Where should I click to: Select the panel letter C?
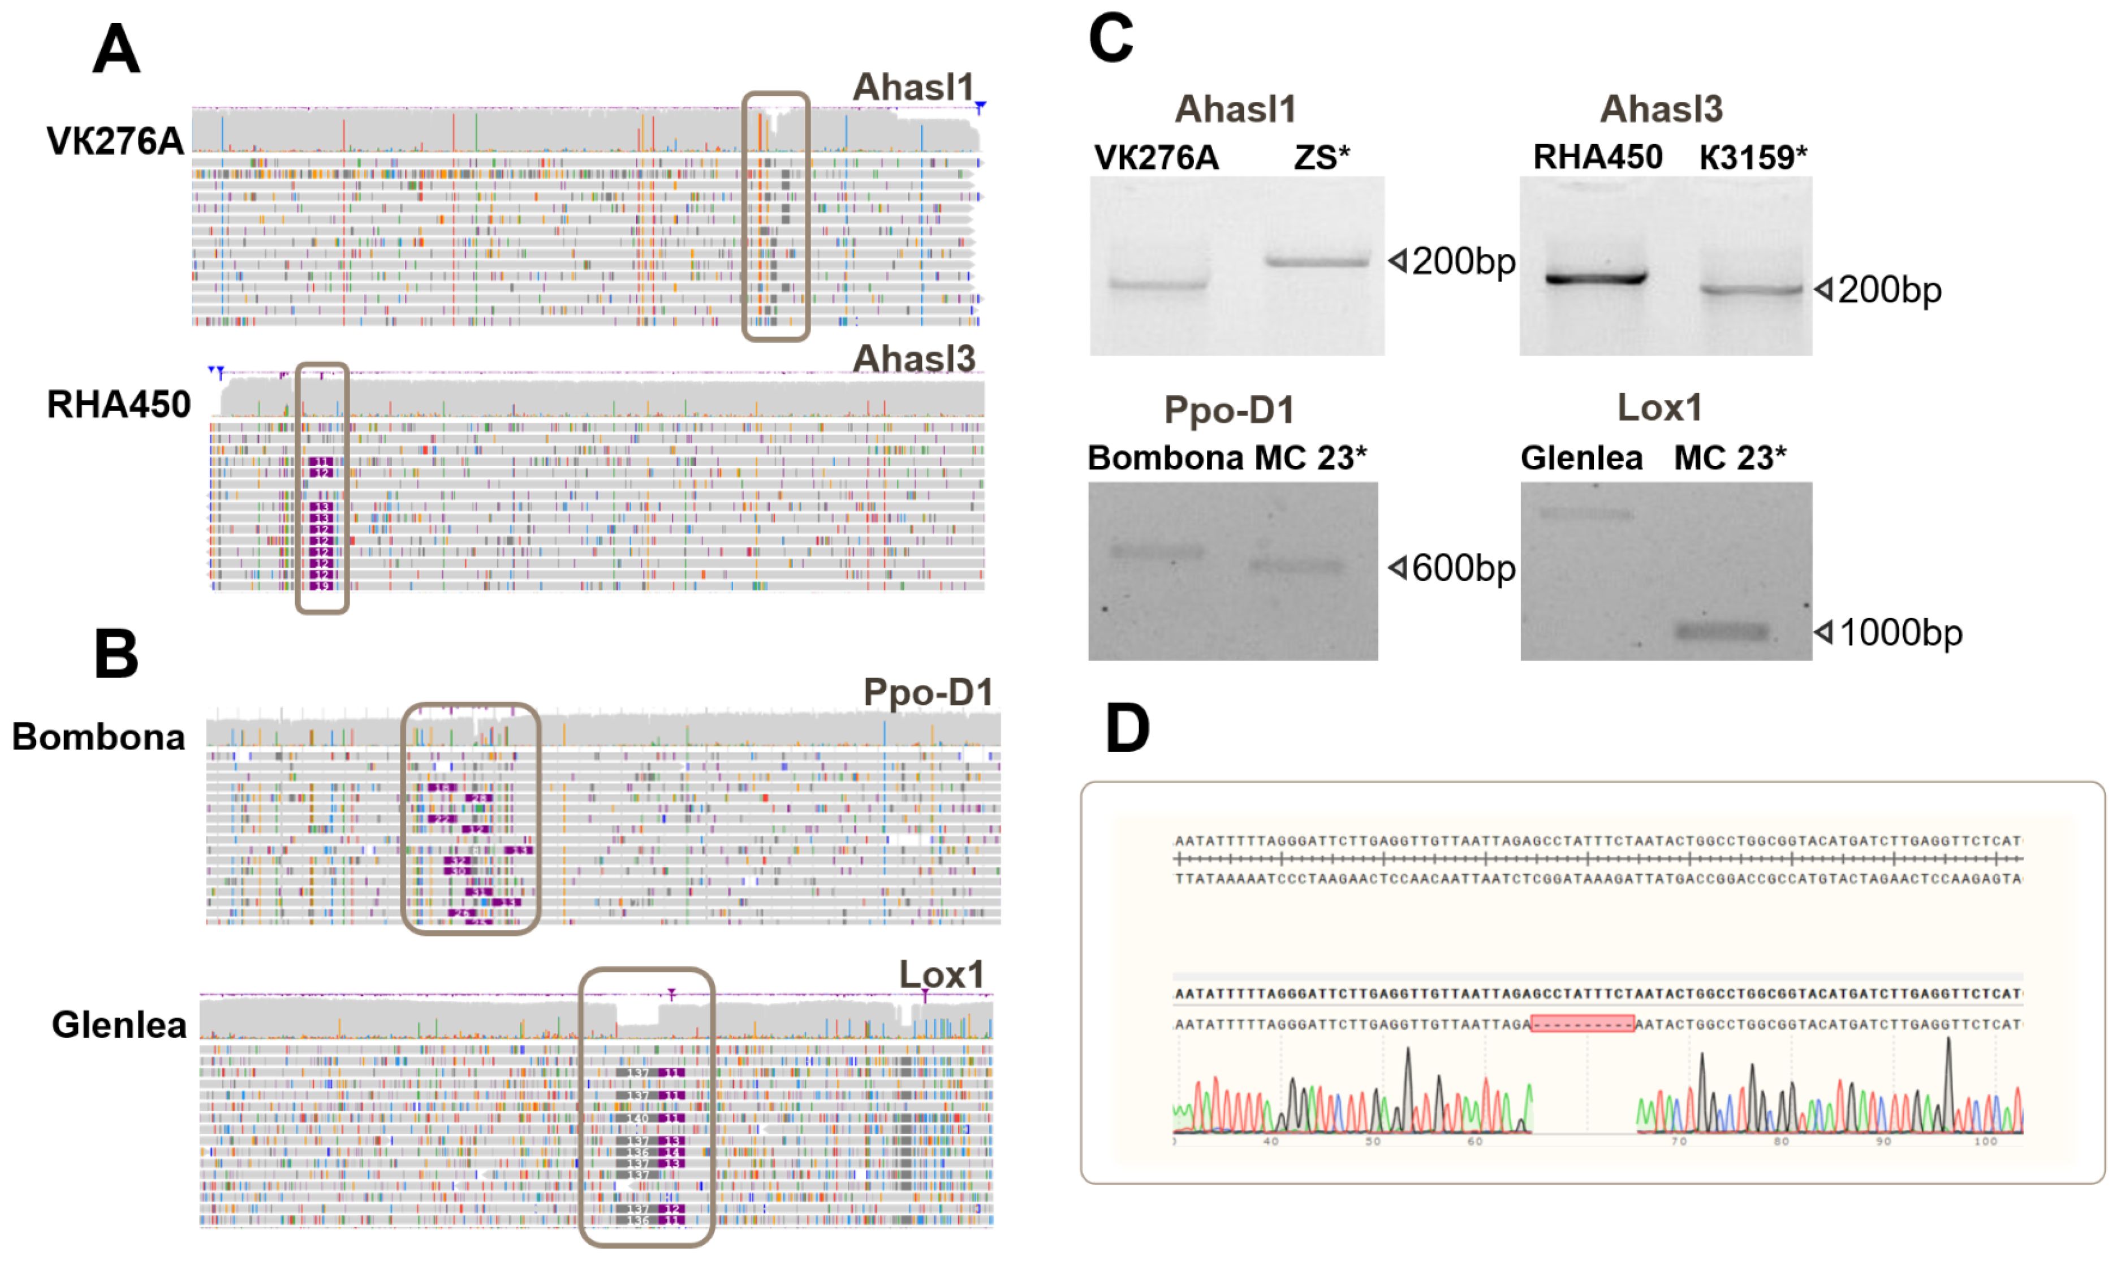1111,39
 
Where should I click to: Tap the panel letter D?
1127,728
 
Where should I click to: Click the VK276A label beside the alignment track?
115,141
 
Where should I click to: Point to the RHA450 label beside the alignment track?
119,404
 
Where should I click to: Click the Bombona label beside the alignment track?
98,737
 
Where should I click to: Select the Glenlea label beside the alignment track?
119,1025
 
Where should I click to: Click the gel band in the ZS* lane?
1317,261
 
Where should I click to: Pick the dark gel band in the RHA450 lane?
1596,278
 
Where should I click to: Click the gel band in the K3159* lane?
1750,290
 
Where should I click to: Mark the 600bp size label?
1463,568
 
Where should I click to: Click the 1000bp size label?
1901,632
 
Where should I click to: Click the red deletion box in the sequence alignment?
1581,1024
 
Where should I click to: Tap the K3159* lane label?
1752,157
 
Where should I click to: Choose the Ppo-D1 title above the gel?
1229,411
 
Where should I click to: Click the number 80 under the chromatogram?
1781,1141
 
